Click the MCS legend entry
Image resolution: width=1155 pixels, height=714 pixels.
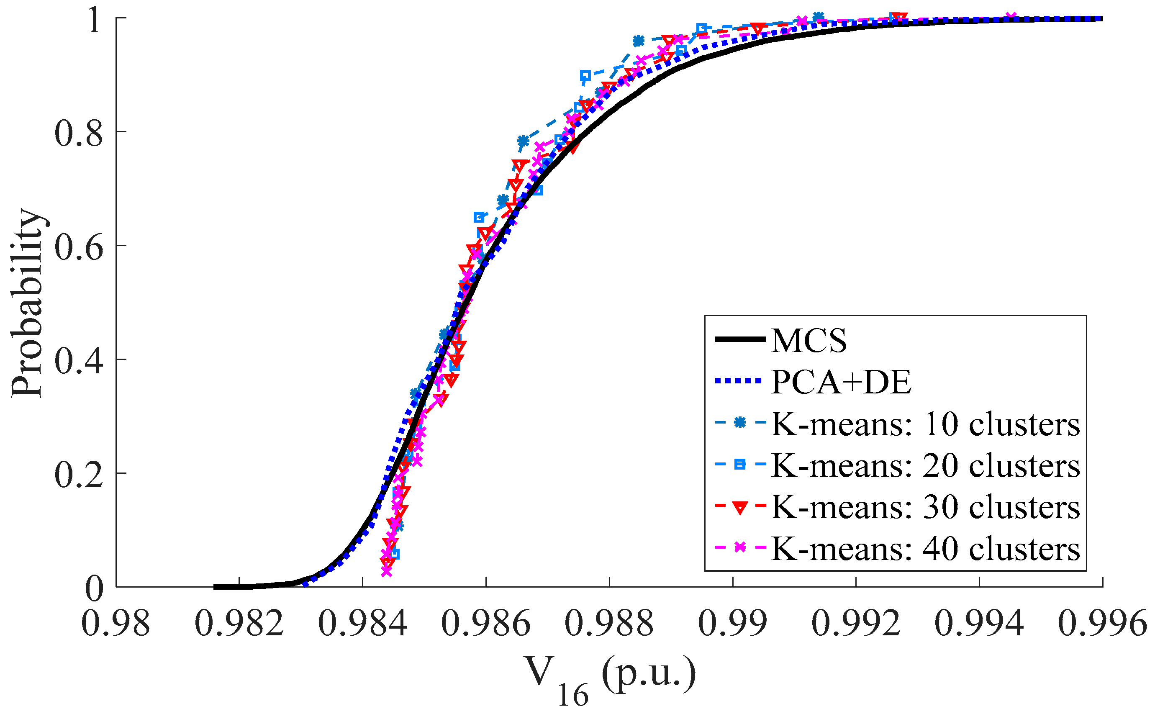[808, 340]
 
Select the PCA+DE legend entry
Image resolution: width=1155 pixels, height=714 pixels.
[841, 382]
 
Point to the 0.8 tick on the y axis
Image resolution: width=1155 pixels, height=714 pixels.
[78, 133]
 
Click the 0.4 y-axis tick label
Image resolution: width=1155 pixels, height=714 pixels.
[78, 361]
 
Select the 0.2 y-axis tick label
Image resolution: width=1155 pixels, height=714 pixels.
[78, 475]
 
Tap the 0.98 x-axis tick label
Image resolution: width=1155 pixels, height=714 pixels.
[116, 624]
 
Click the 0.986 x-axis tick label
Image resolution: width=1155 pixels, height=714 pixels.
[486, 624]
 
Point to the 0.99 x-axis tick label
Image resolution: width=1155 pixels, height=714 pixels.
[733, 624]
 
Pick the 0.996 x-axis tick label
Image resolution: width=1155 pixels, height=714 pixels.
[1102, 624]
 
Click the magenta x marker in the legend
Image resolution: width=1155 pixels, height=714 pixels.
[740, 548]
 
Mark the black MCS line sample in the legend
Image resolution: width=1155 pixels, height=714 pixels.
[740, 339]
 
